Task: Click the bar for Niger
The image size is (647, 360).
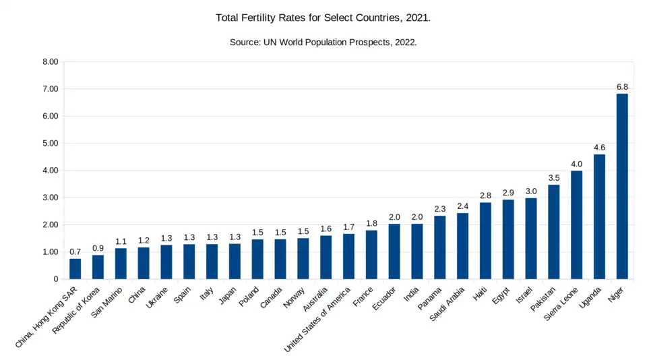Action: point(622,186)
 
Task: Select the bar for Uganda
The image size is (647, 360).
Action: point(599,216)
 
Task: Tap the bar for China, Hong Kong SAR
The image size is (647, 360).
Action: point(75,269)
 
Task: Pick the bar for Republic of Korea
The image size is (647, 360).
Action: point(98,267)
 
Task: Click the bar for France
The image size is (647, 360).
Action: point(371,255)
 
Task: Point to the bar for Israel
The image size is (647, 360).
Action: point(531,239)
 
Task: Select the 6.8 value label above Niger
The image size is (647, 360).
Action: point(622,87)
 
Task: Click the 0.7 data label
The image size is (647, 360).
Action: point(75,252)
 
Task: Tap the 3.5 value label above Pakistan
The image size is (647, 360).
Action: point(554,178)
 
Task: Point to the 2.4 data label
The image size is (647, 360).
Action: point(462,206)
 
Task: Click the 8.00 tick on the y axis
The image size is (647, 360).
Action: point(51,62)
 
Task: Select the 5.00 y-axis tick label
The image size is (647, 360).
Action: point(51,144)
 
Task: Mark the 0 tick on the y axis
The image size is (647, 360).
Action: point(56,279)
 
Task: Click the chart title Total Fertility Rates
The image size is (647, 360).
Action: point(323,18)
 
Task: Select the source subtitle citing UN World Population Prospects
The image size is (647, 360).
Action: point(323,42)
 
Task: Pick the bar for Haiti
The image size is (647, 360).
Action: point(485,241)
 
